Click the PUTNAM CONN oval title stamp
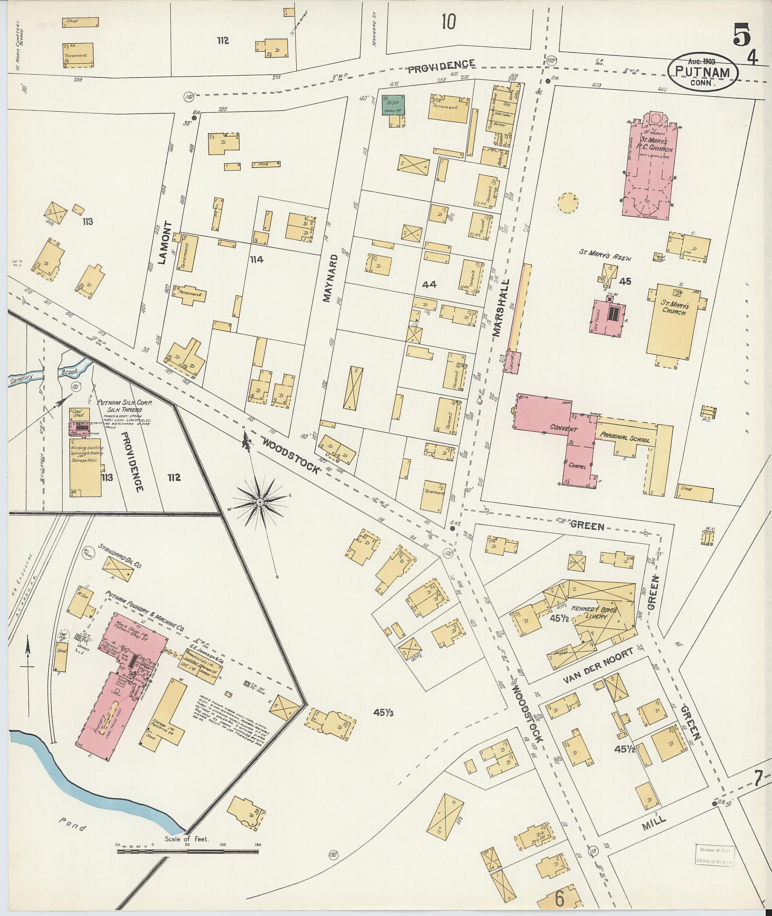(x=702, y=72)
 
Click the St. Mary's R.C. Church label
(x=651, y=144)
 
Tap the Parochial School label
(x=625, y=438)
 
